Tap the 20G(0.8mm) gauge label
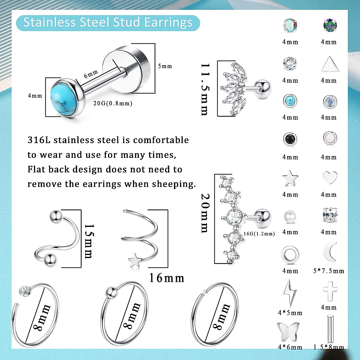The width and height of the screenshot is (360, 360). tap(113, 103)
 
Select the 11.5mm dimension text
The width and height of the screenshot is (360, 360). tap(205, 89)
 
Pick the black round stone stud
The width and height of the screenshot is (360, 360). tap(290, 139)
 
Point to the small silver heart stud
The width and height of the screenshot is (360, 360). tap(330, 178)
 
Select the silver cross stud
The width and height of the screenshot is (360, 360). tap(330, 291)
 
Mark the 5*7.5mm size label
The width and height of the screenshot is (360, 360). tap(329, 271)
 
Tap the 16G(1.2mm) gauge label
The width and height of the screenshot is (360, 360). tap(259, 234)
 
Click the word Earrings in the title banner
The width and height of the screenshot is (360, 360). tap(168, 23)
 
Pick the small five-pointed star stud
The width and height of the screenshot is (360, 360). tap(290, 178)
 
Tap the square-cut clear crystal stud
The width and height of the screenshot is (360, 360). tap(330, 215)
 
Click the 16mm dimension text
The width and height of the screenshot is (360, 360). tap(167, 278)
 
